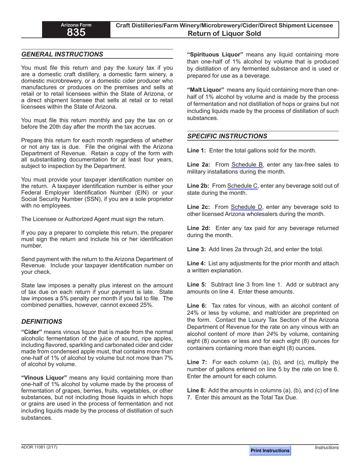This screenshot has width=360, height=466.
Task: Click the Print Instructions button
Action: (270, 450)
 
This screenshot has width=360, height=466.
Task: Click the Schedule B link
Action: (247, 164)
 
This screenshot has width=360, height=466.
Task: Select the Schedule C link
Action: (242, 186)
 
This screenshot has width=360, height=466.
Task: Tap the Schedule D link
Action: (246, 207)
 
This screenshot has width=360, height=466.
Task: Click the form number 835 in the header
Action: (76, 33)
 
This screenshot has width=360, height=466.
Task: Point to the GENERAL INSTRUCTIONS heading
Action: (62, 54)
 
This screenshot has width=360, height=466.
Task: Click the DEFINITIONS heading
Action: (42, 321)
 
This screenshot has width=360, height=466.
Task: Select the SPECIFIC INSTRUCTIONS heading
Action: (227, 136)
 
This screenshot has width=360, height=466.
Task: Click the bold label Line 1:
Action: (196, 150)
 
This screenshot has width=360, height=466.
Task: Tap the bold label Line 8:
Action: (196, 390)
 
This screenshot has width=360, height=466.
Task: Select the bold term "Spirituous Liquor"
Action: (215, 55)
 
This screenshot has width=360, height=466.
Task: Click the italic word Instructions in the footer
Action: (327, 447)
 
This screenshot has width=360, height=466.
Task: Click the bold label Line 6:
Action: (197, 306)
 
